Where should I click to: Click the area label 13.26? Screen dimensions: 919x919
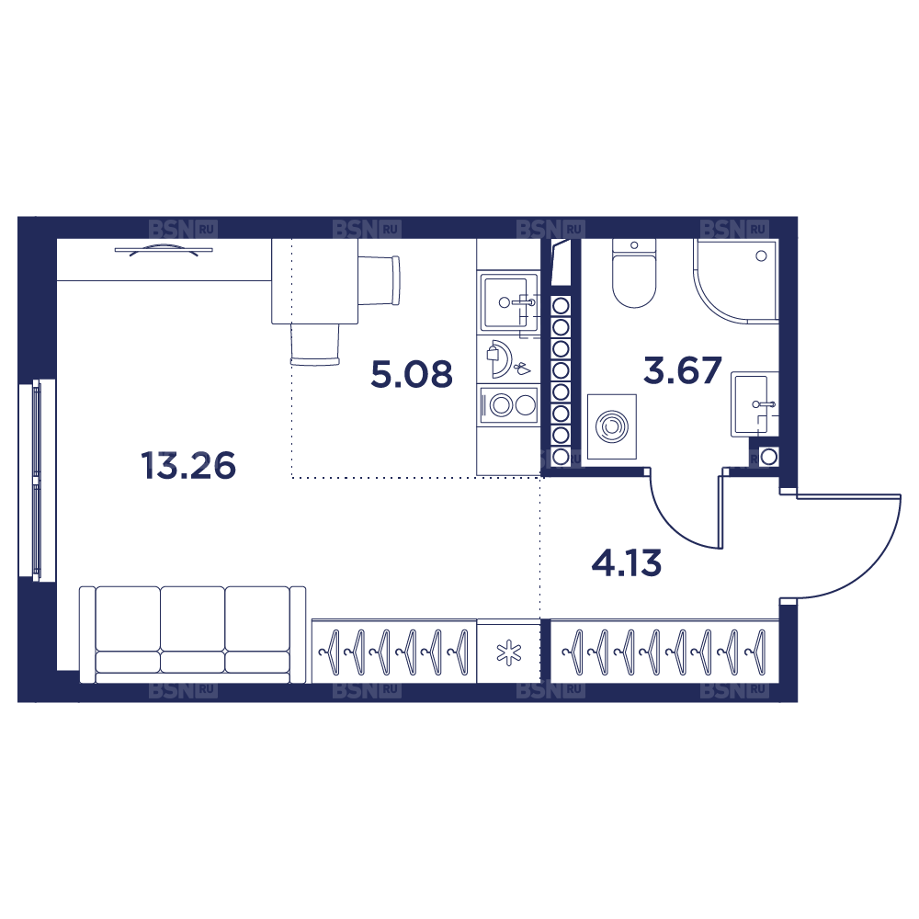tap(188, 466)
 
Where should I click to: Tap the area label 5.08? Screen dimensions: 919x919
tap(412, 374)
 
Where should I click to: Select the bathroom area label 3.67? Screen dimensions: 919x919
tap(682, 370)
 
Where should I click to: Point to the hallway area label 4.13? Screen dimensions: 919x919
tap(627, 562)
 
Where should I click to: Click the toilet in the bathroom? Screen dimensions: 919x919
tap(633, 273)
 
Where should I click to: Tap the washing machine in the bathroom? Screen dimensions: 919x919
tap(612, 426)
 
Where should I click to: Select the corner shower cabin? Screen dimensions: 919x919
tap(736, 280)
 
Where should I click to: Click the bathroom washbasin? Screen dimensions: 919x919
tap(754, 404)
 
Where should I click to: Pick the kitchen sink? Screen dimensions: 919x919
tap(509, 302)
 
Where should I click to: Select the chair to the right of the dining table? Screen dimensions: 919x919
tap(380, 280)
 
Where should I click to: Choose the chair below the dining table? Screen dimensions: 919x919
tap(314, 345)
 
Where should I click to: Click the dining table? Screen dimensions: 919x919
tap(314, 281)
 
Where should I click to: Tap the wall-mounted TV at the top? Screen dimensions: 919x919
tap(164, 250)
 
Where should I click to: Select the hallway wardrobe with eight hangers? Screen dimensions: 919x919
tap(664, 652)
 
